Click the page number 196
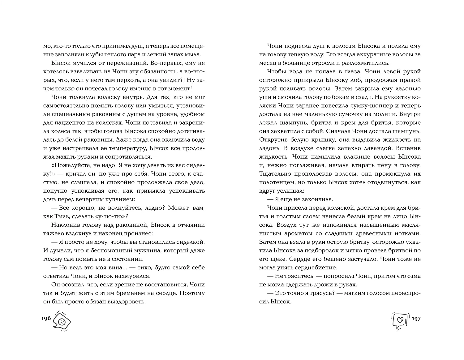pyautogui.click(x=45, y=319)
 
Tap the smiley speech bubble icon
pyautogui.click(x=61, y=321)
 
